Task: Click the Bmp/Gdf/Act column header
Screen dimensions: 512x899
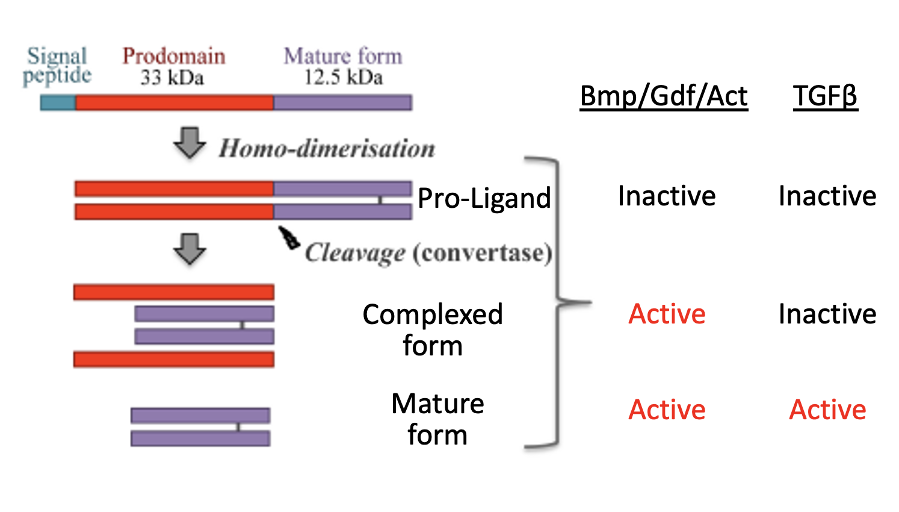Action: pyautogui.click(x=664, y=96)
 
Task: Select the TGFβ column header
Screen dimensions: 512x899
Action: pyautogui.click(x=825, y=96)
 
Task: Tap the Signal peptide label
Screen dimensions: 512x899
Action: pyautogui.click(x=57, y=66)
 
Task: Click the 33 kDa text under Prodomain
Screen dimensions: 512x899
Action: pyautogui.click(x=172, y=78)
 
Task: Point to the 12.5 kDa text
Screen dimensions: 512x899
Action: pyautogui.click(x=343, y=78)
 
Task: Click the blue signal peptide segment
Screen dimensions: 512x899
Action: pyautogui.click(x=58, y=102)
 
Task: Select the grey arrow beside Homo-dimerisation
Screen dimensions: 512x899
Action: pyautogui.click(x=190, y=143)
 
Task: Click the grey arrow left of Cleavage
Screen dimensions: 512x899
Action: pyautogui.click(x=190, y=248)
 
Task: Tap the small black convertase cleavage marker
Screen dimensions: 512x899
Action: pyautogui.click(x=288, y=237)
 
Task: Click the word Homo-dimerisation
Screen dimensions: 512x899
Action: pyautogui.click(x=327, y=148)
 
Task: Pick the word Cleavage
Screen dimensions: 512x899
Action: pyautogui.click(x=355, y=253)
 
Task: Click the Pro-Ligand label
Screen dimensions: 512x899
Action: pyautogui.click(x=484, y=198)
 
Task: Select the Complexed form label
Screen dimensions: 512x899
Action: pyautogui.click(x=433, y=330)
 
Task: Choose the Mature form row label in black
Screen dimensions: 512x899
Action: pyautogui.click(x=437, y=419)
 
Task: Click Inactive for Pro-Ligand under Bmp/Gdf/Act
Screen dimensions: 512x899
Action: pyautogui.click(x=667, y=196)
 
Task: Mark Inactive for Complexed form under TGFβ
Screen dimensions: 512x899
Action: pyautogui.click(x=827, y=314)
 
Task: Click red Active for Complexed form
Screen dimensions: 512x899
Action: pyautogui.click(x=667, y=314)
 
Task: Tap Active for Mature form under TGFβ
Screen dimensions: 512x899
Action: pyautogui.click(x=827, y=410)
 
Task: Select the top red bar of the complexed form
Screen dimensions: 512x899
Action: pyautogui.click(x=174, y=292)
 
